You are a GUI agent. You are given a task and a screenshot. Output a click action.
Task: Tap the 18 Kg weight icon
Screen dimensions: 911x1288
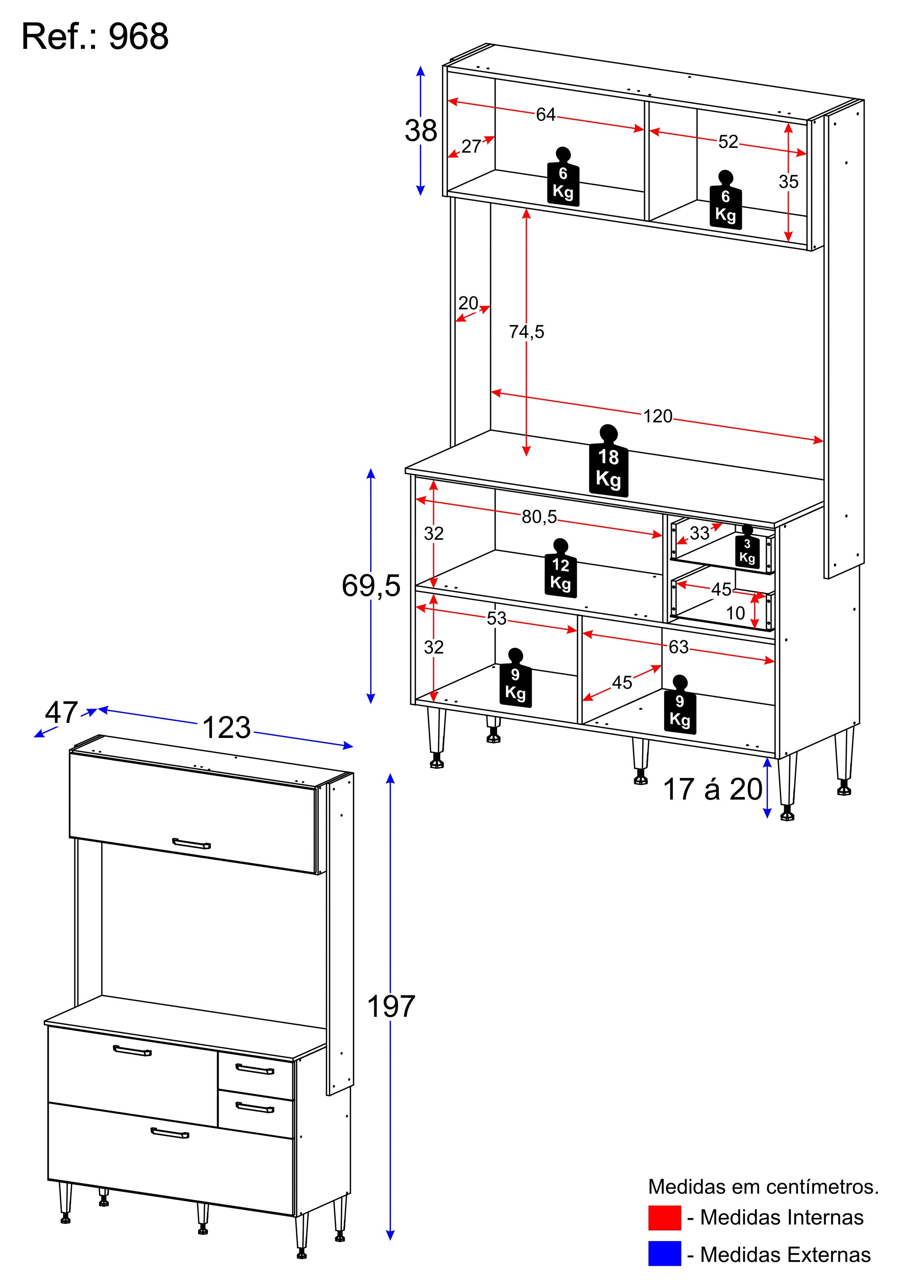(609, 460)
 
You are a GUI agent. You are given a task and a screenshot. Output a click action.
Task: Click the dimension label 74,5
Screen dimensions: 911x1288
(527, 332)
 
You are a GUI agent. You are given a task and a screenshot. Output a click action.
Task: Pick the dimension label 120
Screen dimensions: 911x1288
(657, 416)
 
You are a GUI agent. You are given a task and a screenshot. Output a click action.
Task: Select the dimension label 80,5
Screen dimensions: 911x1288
(539, 517)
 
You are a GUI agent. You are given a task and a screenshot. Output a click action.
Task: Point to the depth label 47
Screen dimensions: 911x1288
(61, 713)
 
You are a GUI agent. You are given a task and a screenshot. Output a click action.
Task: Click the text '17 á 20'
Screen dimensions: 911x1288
(713, 789)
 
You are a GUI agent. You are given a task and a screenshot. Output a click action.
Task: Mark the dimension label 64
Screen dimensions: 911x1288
(546, 114)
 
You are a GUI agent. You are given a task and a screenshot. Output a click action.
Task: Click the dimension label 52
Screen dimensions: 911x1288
(728, 141)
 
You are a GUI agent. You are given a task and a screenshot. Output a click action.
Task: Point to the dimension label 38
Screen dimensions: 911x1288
(421, 131)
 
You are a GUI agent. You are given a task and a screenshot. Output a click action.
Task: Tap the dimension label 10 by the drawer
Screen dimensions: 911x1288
(735, 613)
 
